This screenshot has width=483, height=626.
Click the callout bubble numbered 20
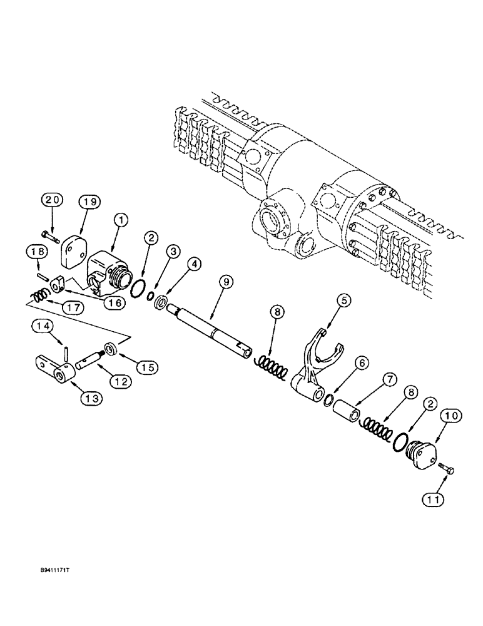pyautogui.click(x=53, y=201)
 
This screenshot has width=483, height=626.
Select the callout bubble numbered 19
pyautogui.click(x=89, y=201)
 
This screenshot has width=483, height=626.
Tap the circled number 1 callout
pyautogui.click(x=121, y=220)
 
